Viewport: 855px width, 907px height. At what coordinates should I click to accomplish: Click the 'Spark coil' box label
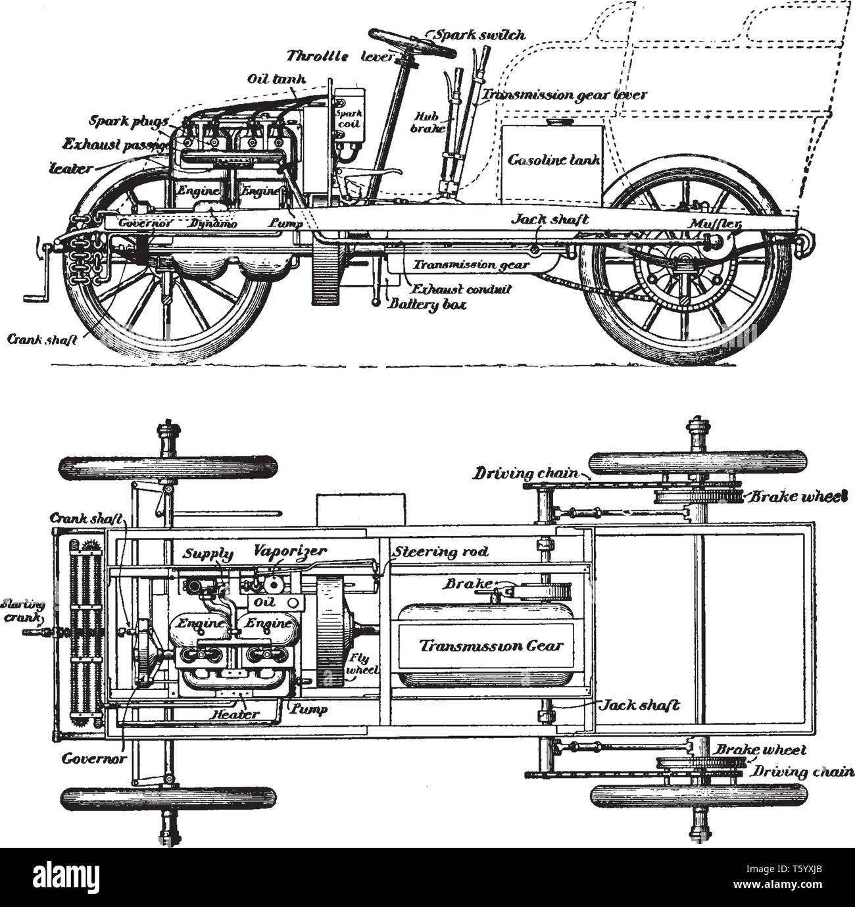[x=348, y=118]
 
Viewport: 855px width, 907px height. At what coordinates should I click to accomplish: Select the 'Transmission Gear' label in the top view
[x=483, y=645]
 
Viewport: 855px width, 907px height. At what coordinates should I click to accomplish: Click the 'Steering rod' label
[x=440, y=551]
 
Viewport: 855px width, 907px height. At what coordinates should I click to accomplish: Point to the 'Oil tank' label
[x=276, y=79]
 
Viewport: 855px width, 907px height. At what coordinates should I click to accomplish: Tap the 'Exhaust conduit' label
[x=460, y=289]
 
